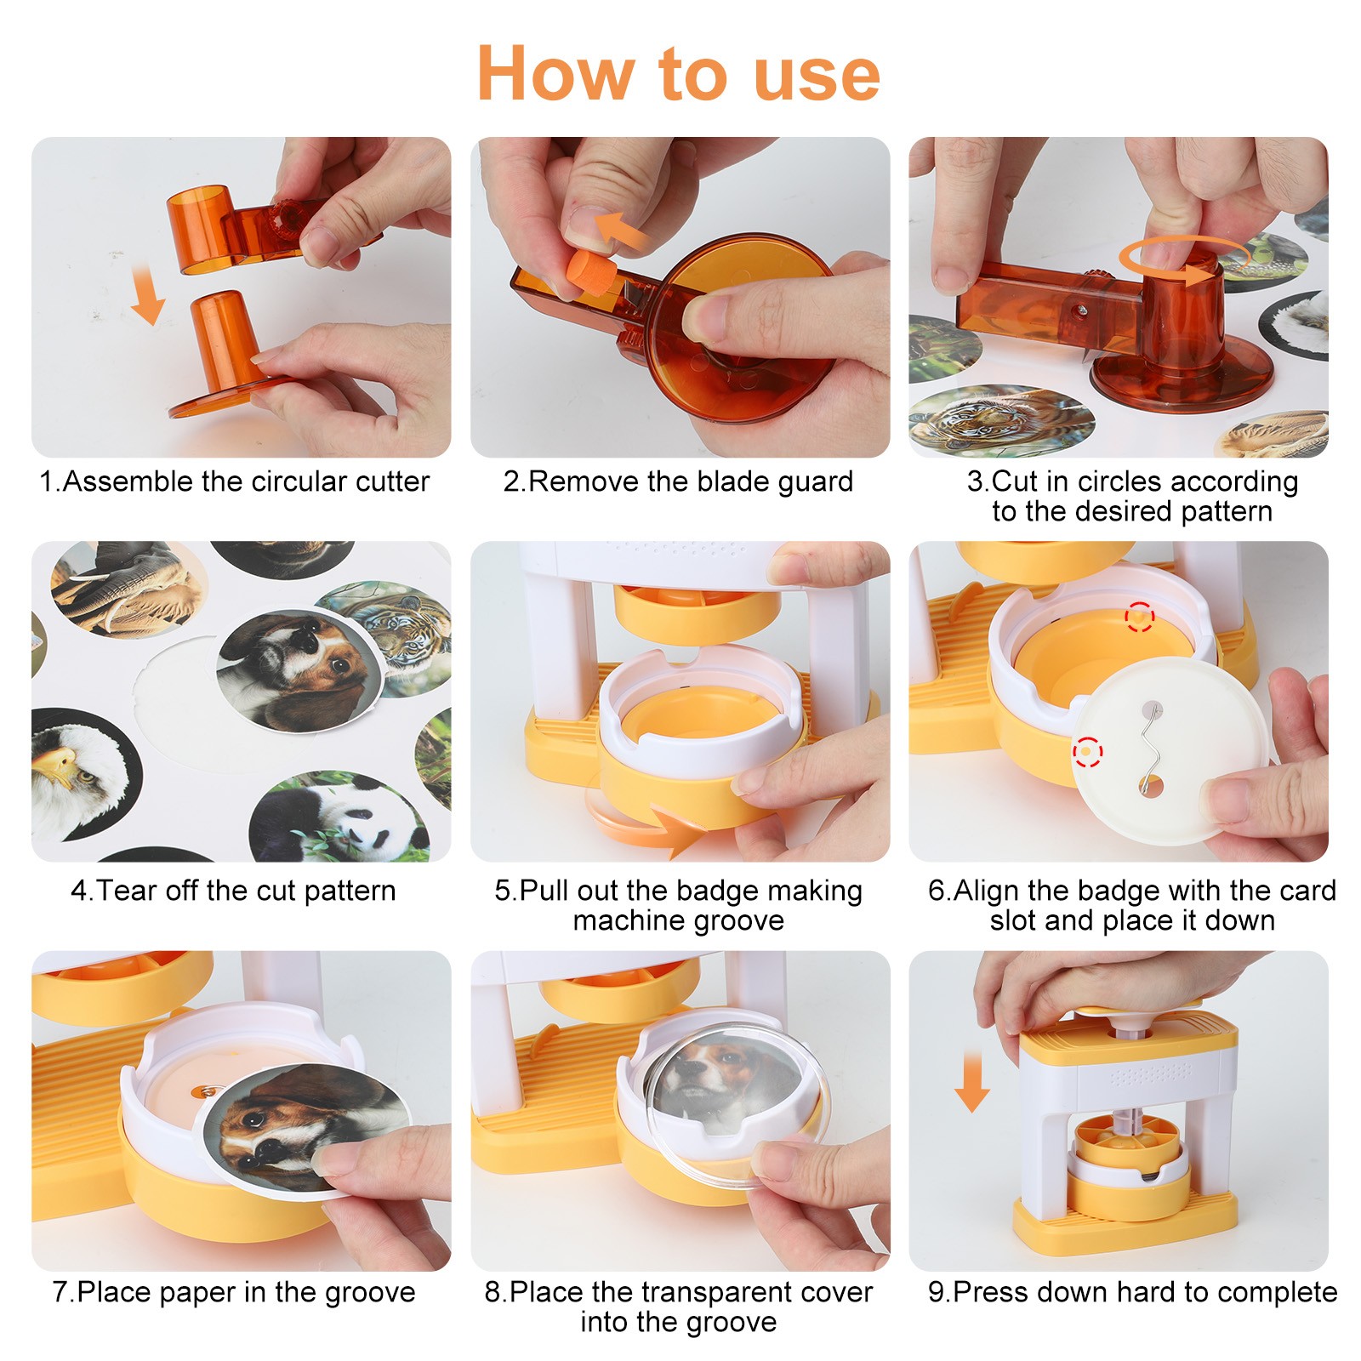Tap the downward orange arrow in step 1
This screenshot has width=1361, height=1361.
point(147,294)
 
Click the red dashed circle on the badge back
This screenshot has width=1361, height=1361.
point(1086,752)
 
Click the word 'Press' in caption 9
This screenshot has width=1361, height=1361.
point(988,1292)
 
